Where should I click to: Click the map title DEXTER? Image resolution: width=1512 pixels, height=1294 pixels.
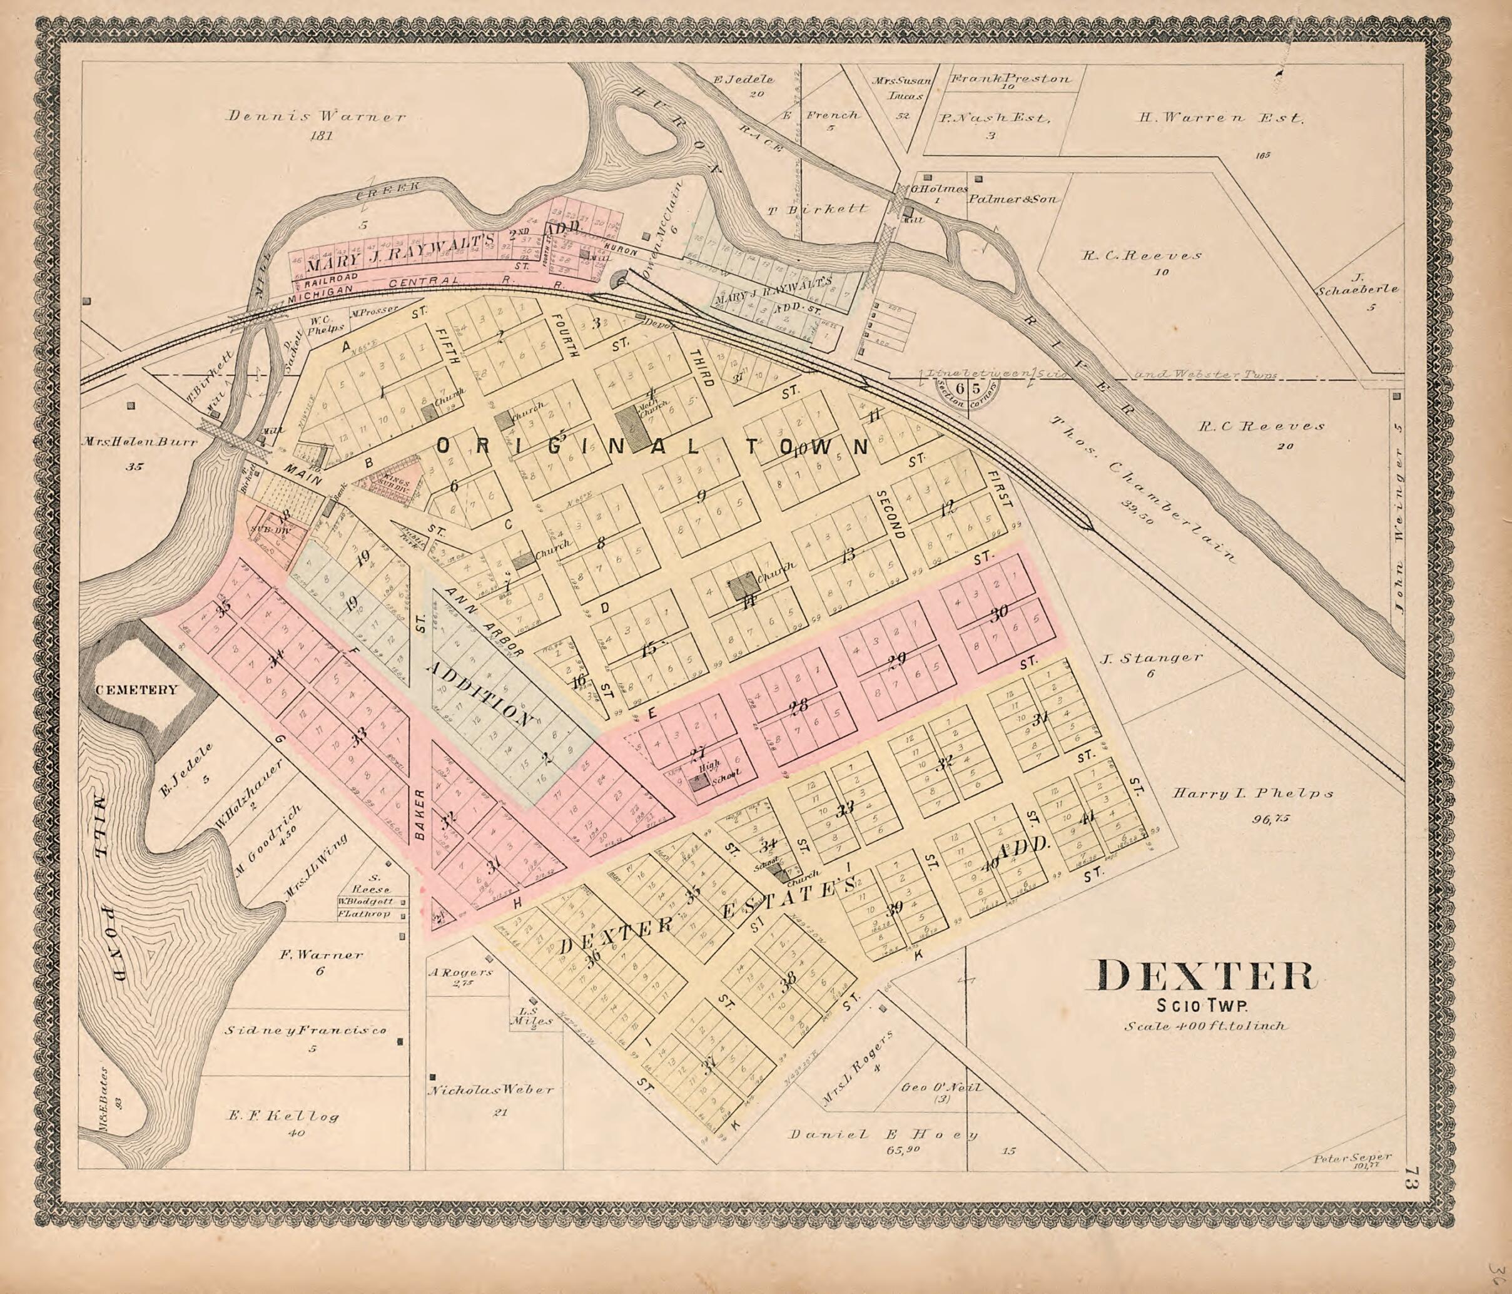[1204, 977]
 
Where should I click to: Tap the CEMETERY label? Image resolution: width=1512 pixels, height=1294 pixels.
[136, 690]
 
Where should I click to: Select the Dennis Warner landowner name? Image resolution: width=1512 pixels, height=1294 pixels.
[316, 116]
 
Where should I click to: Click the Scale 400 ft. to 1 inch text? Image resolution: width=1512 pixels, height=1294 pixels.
[1205, 1026]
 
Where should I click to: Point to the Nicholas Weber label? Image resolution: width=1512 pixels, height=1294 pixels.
[490, 1089]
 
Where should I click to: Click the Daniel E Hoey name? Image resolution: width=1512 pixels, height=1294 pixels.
[883, 1134]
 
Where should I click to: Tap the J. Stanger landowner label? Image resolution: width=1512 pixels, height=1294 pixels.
[1150, 658]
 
